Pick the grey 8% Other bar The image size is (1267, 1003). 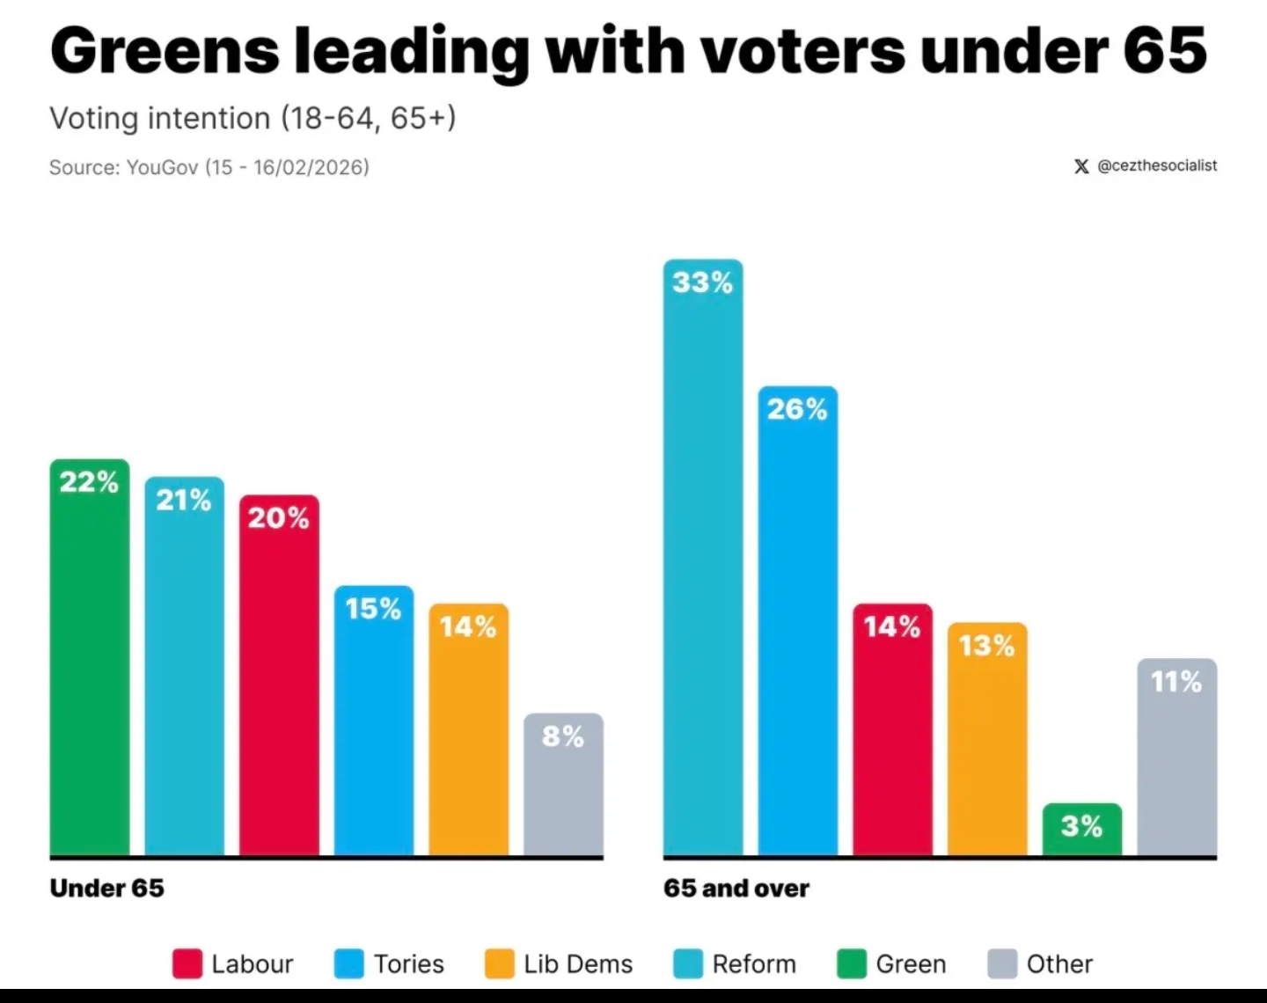pos(563,783)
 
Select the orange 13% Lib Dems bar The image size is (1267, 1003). pos(986,738)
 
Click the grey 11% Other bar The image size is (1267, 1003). pos(1176,757)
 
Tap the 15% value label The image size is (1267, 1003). pos(373,608)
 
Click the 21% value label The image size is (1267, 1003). pos(184,500)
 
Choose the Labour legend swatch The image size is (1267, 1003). pos(187,963)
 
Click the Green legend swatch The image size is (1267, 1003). pos(851,963)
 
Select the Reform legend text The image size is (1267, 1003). pos(754,963)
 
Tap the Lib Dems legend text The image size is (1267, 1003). pos(578,963)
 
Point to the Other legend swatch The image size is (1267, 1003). pos(1002,963)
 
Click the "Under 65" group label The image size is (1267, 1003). pos(107,888)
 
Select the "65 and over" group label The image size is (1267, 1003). pos(736,888)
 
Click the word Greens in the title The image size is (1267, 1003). pos(165,50)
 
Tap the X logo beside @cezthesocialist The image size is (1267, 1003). pos(1081,165)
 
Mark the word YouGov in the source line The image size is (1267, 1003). pos(163,167)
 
